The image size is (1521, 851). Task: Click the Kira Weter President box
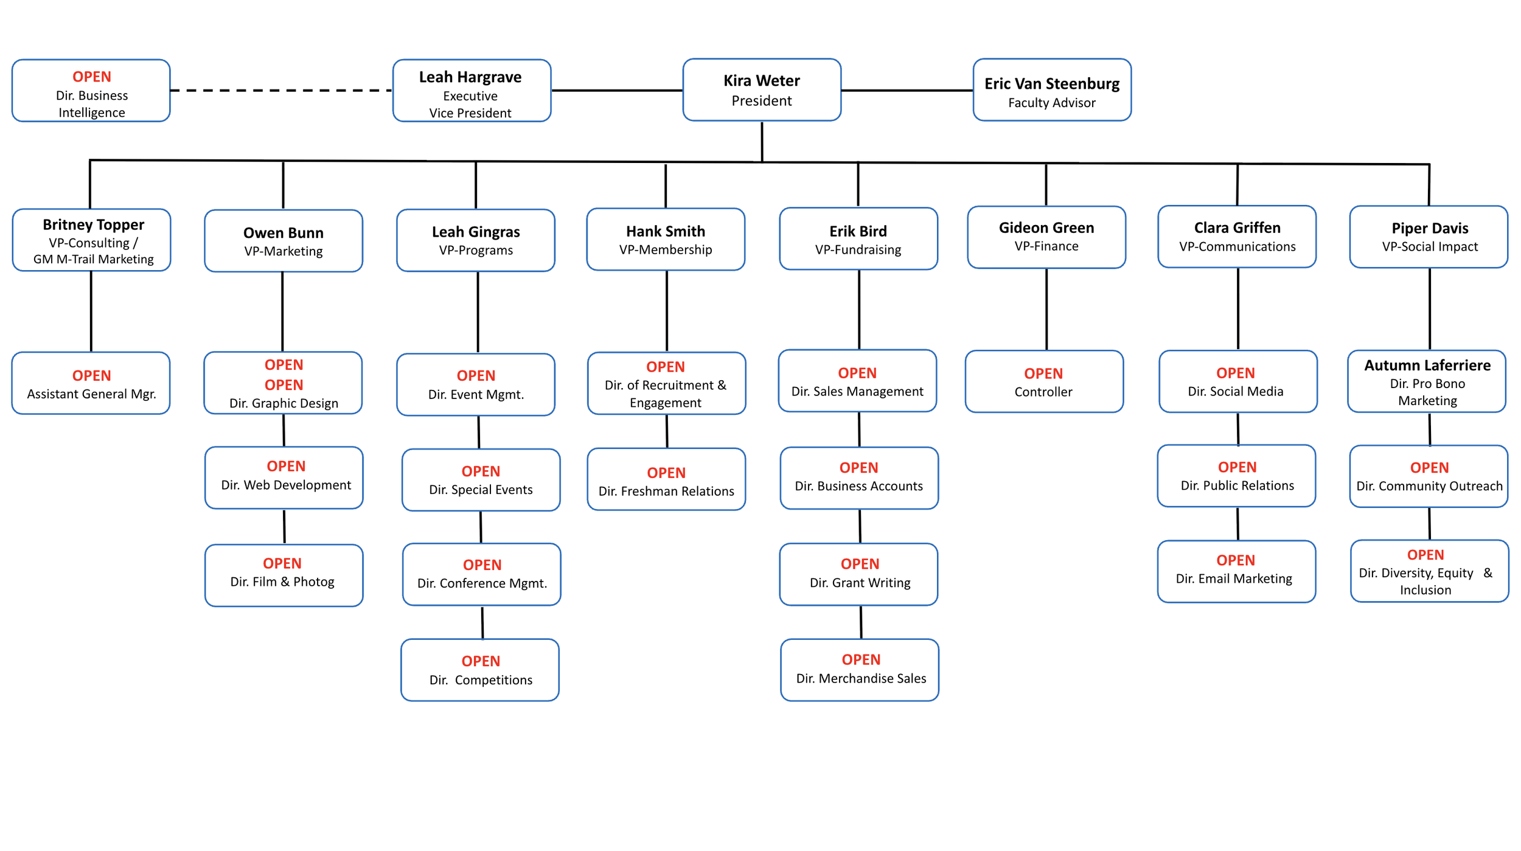762,90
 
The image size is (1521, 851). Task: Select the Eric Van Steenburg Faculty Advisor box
1052,90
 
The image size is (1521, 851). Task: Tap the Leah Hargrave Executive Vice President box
472,91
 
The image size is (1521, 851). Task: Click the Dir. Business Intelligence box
91,91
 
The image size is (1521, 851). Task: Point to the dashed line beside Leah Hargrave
282,91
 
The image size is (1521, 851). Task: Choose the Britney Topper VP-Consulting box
91,240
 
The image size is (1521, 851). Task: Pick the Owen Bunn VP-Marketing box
284,241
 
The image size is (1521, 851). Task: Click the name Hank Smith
666,231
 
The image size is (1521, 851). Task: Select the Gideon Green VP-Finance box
1046,237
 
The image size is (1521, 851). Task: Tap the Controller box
1044,381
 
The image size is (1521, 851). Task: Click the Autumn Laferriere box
1427,381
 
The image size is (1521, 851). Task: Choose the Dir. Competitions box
480,670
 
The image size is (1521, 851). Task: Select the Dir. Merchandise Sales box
860,670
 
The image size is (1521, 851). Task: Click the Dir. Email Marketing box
1236,572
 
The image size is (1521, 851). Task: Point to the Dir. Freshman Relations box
666,479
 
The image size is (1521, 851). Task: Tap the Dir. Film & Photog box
284,575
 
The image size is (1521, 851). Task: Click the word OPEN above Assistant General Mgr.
92,375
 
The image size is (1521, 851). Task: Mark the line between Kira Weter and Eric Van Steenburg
907,91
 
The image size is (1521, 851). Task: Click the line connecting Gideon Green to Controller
1046,309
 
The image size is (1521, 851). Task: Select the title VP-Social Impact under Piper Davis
1430,246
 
